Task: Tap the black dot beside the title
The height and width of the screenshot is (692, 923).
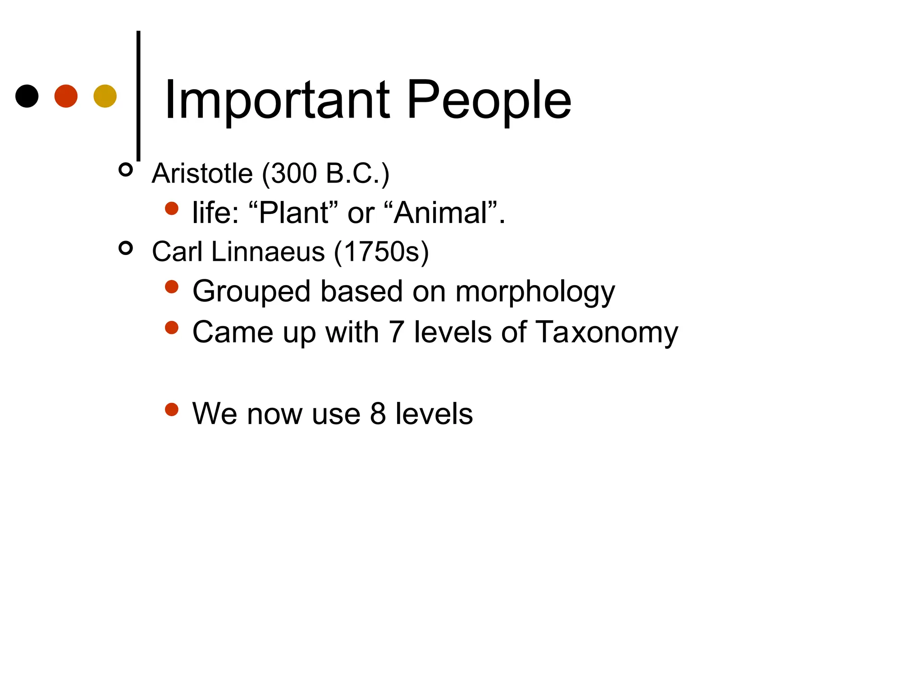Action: [27, 96]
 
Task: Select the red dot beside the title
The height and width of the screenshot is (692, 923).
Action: [66, 96]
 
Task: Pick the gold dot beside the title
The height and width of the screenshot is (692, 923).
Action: [105, 96]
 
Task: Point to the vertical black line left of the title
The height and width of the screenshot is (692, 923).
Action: [138, 95]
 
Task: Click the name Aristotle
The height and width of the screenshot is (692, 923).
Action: [202, 173]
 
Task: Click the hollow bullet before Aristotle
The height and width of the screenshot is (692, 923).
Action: [126, 170]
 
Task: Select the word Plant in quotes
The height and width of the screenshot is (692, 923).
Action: [294, 213]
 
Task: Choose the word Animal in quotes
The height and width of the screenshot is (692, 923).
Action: [441, 213]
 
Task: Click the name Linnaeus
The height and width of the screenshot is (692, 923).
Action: [268, 251]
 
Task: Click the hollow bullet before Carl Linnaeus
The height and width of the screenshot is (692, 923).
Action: [126, 248]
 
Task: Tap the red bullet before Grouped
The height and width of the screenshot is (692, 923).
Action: [172, 287]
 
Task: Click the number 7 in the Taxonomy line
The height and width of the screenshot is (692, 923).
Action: [396, 332]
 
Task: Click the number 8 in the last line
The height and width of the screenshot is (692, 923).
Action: [378, 414]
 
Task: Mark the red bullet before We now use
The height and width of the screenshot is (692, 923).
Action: [172, 410]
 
